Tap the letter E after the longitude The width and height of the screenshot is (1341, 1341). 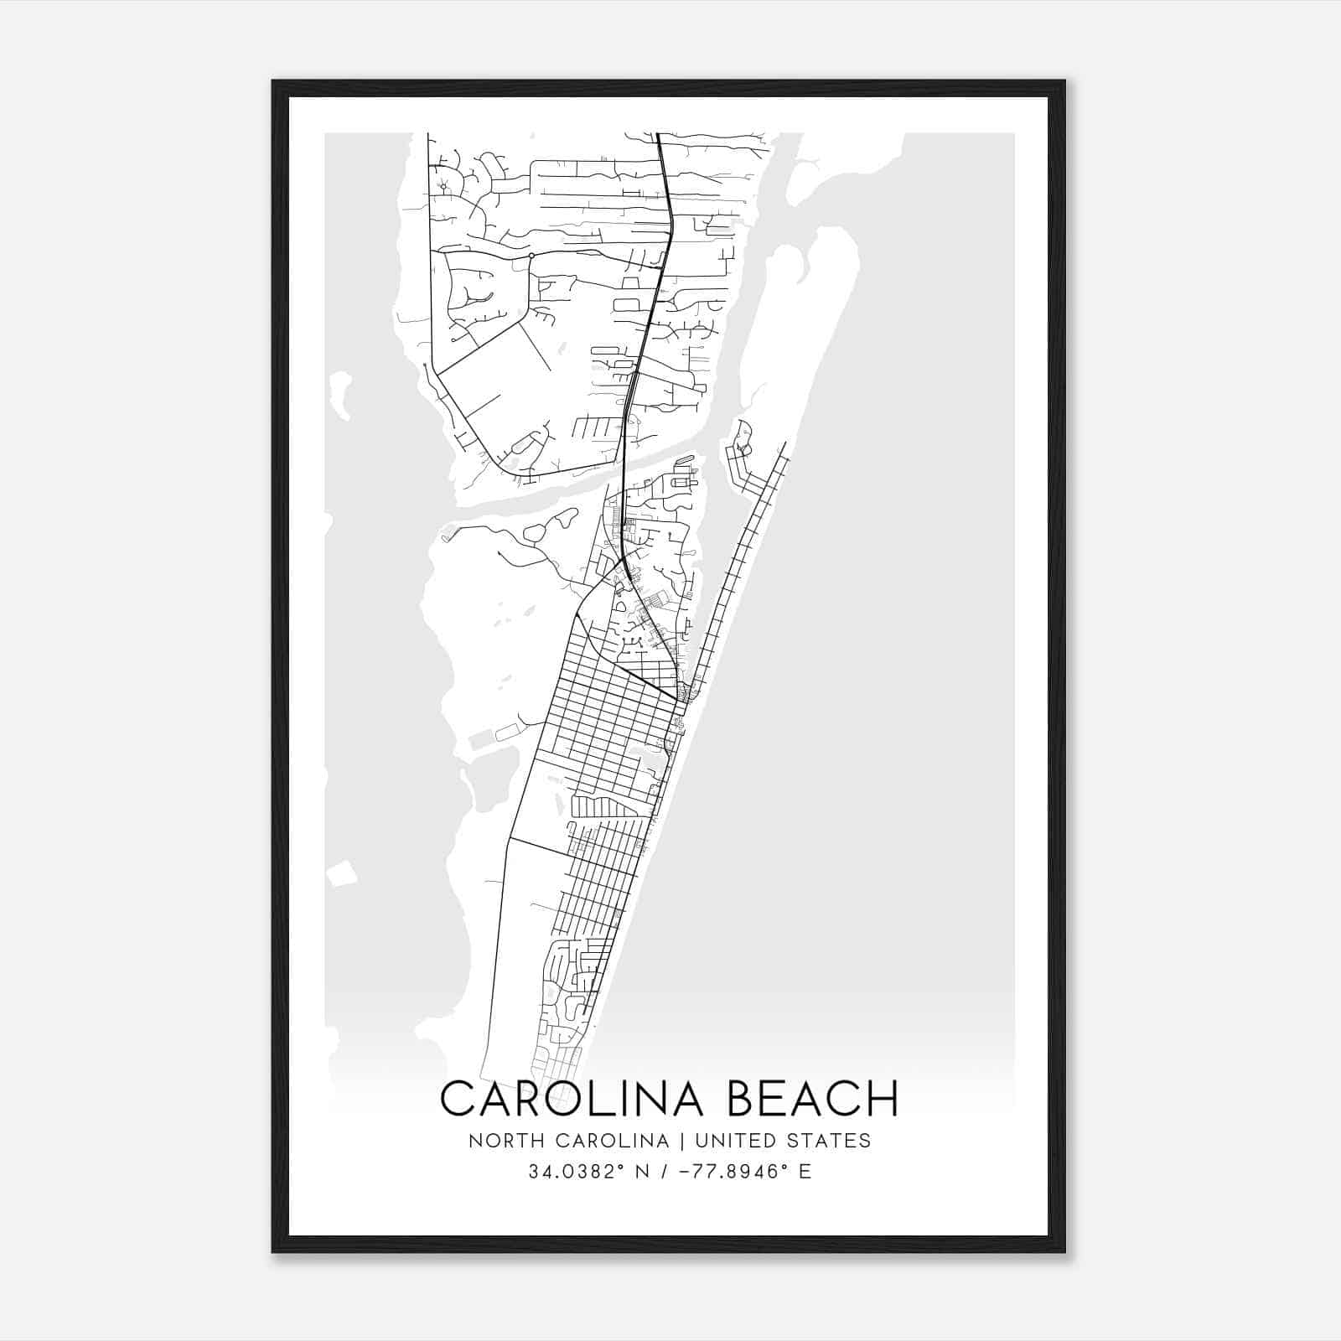pos(805,1172)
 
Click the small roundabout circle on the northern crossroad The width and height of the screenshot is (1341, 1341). pos(531,256)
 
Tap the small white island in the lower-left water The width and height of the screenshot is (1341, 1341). pos(341,875)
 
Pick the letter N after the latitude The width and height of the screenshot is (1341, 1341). pos(643,1172)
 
